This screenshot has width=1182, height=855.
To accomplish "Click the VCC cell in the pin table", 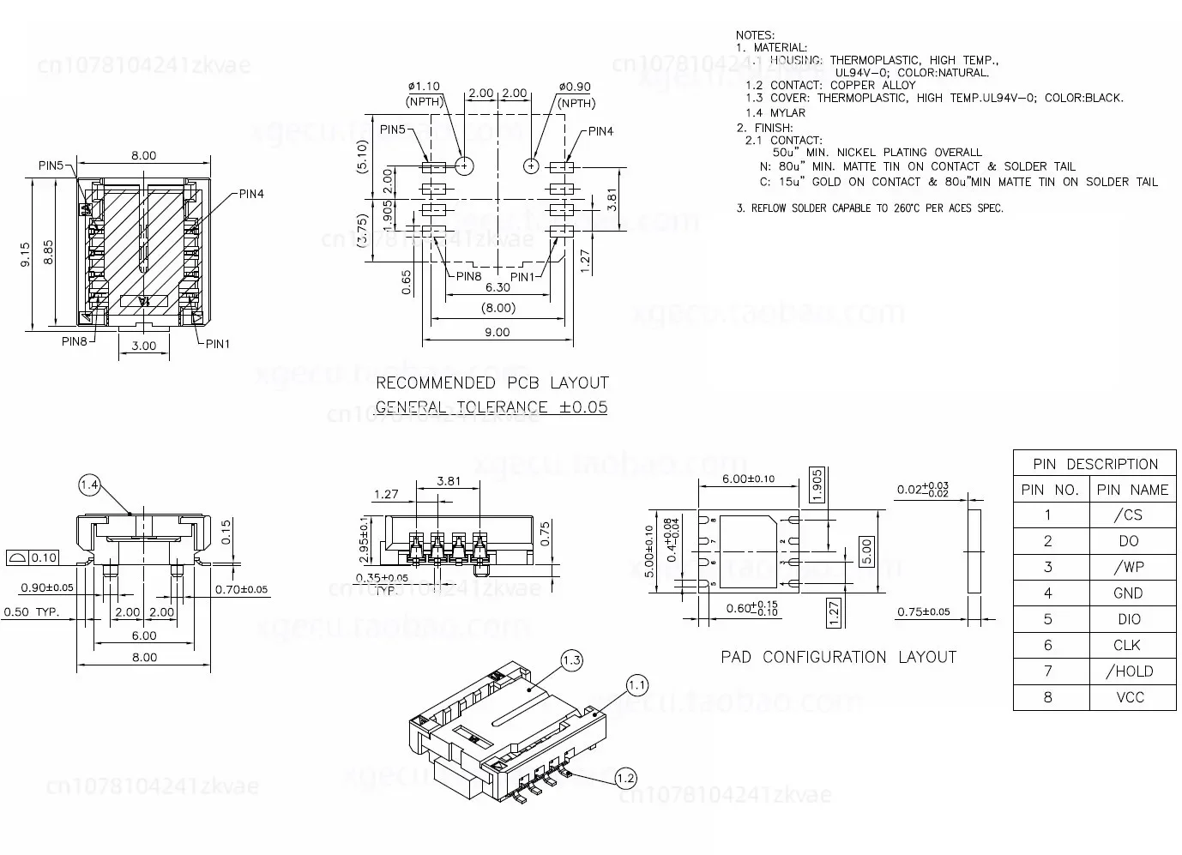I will tap(1130, 697).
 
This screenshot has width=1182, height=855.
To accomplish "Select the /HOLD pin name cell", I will tap(1130, 671).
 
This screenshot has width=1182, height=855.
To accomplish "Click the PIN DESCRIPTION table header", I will tap(1095, 464).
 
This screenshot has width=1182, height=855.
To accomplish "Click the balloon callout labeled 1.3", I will tap(571, 659).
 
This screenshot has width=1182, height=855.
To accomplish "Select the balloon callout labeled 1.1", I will tap(637, 685).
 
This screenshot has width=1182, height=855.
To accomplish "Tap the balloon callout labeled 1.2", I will tap(625, 778).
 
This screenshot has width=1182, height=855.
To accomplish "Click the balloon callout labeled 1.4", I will tap(90, 485).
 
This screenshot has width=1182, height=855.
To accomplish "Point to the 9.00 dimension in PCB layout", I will tap(497, 332).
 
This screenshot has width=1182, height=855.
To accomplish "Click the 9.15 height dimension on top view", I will tap(25, 255).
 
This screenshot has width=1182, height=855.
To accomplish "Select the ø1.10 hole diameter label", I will tap(424, 87).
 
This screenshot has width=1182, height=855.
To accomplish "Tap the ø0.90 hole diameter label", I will tap(575, 87).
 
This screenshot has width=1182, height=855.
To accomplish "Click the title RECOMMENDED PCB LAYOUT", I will tap(491, 382).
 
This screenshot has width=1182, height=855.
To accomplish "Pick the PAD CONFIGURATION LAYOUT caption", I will tap(838, 657).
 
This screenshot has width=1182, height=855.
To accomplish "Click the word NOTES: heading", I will tap(755, 34).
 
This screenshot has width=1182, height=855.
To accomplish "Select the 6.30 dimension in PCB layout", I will tap(498, 287).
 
